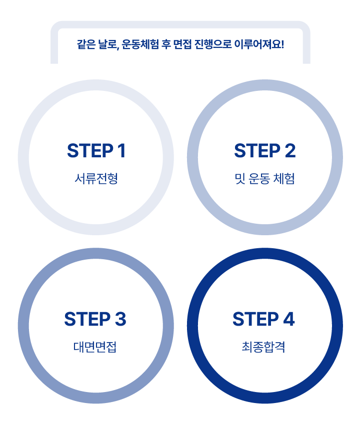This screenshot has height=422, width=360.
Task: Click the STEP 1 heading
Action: click(96, 151)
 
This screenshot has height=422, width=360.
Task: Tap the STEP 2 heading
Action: click(264, 151)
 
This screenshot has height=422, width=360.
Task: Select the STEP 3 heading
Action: click(95, 319)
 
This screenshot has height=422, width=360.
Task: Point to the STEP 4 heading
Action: click(263, 319)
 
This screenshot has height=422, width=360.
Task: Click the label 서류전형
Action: click(96, 178)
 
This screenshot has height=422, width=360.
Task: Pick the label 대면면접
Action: click(95, 347)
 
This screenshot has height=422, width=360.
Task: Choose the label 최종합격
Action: click(263, 347)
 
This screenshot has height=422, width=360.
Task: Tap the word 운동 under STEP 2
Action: click(259, 178)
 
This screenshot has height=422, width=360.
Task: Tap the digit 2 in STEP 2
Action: click(289, 151)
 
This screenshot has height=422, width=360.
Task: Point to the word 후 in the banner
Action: click(168, 44)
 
